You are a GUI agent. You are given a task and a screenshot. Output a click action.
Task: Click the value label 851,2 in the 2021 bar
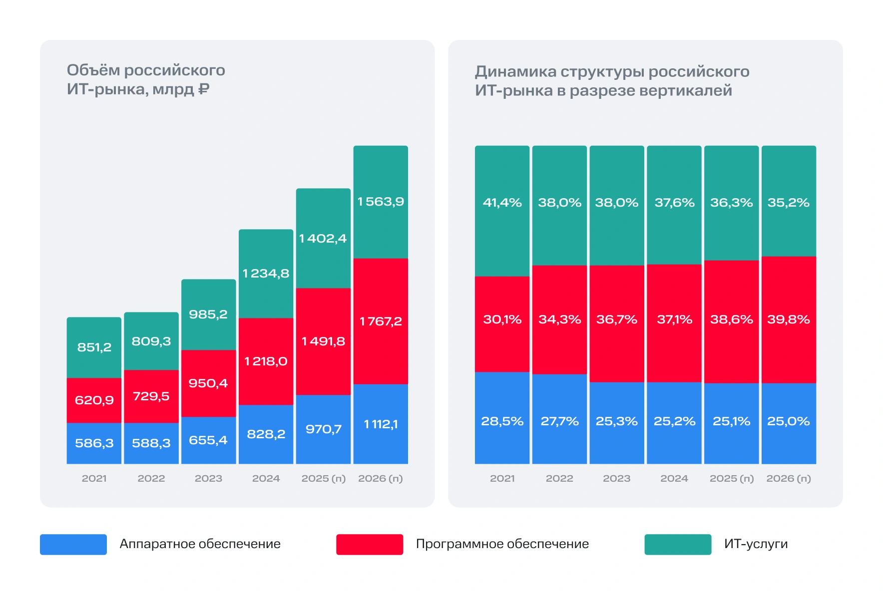click(94, 347)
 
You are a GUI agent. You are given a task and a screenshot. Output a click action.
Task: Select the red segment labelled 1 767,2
click(381, 321)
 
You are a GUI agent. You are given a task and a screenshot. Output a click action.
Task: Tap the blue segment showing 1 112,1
click(381, 424)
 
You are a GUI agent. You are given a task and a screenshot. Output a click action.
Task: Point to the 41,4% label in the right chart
click(502, 203)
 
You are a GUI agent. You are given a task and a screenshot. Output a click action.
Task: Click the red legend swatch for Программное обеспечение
click(369, 544)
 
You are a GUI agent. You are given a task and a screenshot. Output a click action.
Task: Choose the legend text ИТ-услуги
click(755, 544)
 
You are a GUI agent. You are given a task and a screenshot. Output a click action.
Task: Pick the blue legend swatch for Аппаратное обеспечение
click(73, 544)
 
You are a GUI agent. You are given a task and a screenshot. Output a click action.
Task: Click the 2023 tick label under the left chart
click(208, 478)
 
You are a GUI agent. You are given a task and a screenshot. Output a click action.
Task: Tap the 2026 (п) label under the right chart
click(788, 478)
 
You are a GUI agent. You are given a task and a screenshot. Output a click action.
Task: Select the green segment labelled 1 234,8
click(266, 274)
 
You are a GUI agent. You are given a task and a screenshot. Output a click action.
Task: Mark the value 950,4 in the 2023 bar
click(208, 383)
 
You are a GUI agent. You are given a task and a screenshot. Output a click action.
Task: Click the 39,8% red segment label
click(788, 319)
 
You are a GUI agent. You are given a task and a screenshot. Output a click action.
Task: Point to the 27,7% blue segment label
click(559, 421)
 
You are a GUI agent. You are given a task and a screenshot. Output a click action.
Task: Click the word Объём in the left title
click(93, 70)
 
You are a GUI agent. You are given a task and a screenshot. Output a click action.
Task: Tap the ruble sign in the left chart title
click(204, 89)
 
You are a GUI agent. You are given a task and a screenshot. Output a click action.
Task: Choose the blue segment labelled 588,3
click(151, 443)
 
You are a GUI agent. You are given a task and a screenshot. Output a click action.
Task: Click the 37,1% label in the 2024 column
click(674, 319)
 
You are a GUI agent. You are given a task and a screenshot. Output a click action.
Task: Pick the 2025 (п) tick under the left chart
click(323, 478)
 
